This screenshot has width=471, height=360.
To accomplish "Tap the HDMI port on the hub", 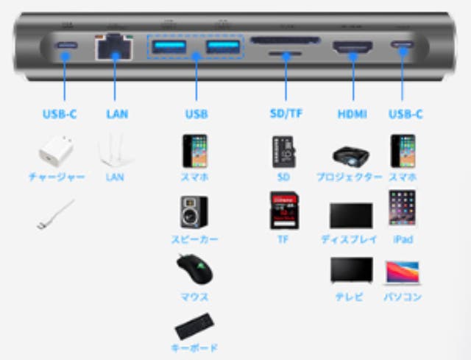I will (x=354, y=49).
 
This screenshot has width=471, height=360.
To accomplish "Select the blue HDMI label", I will (x=353, y=114).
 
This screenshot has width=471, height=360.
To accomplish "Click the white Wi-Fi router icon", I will (x=115, y=150).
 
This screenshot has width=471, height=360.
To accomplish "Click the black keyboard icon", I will (x=196, y=325).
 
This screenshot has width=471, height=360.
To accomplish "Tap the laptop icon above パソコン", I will (x=403, y=273).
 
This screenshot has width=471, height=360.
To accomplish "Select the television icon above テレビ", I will (x=351, y=271).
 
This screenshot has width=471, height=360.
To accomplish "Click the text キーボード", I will (x=195, y=347).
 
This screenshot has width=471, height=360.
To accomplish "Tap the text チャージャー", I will (x=57, y=177).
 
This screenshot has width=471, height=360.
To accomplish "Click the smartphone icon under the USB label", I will (x=195, y=150).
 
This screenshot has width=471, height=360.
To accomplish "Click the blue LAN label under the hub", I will (x=116, y=114).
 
